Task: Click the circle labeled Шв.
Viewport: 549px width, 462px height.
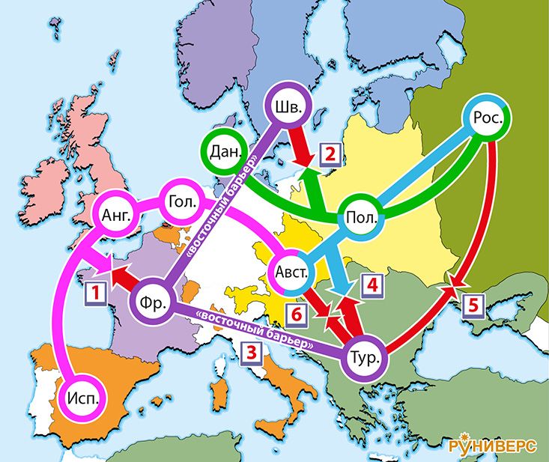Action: click(288, 108)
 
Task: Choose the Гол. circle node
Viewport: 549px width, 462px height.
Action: click(183, 203)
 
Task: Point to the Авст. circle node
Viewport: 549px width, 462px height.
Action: click(292, 272)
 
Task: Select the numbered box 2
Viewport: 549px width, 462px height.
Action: click(331, 154)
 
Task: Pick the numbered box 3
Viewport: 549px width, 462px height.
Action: click(252, 350)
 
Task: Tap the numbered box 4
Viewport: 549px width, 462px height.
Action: click(371, 285)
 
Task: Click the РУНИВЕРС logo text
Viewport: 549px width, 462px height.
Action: click(493, 446)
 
